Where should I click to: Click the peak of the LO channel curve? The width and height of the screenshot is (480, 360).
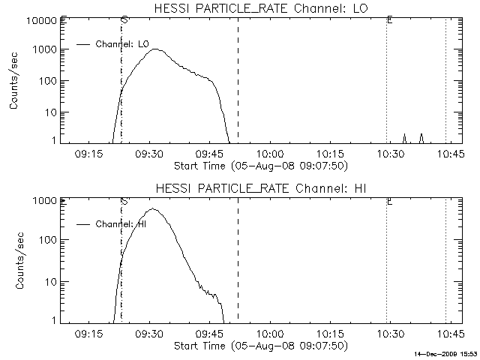pyautogui.click(x=156, y=49)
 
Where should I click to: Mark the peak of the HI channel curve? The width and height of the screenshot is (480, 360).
pyautogui.click(x=152, y=209)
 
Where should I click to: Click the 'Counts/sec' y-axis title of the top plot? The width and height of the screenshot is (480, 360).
pyautogui.click(x=14, y=82)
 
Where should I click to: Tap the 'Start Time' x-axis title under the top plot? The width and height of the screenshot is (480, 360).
pyautogui.click(x=259, y=165)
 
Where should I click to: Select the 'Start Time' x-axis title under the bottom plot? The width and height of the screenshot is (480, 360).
pyautogui.click(x=259, y=345)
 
